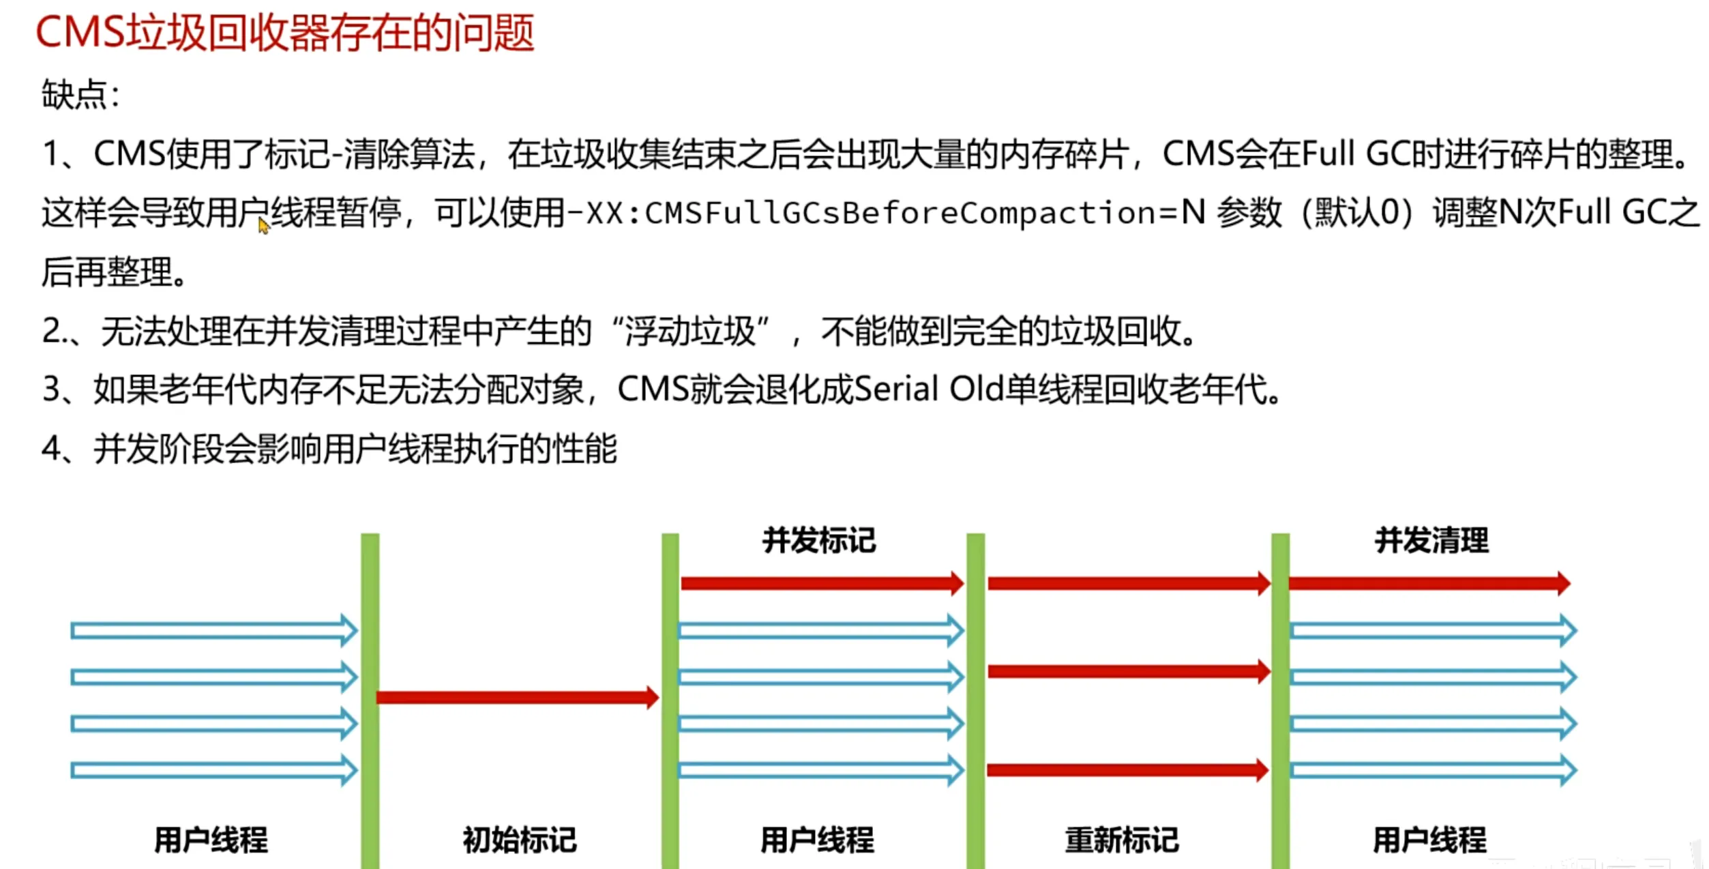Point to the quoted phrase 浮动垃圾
click(x=689, y=332)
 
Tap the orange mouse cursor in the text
click(x=264, y=226)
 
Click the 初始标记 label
click(x=520, y=840)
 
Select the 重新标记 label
click(x=1122, y=840)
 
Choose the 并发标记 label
click(x=819, y=541)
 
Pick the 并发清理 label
click(x=1431, y=541)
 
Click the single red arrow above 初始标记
click(x=517, y=697)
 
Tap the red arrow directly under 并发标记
click(x=821, y=583)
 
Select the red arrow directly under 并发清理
click(x=1429, y=583)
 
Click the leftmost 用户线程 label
click(x=211, y=840)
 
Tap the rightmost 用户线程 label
click(x=1429, y=840)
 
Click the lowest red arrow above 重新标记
click(x=1127, y=771)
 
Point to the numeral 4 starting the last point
click(x=51, y=450)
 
